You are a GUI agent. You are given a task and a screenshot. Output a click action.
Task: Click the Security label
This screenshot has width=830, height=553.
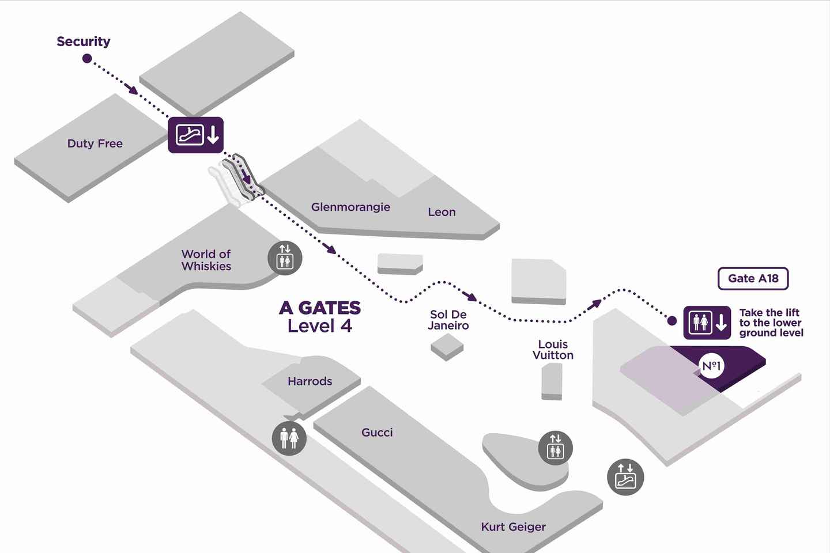[84, 41]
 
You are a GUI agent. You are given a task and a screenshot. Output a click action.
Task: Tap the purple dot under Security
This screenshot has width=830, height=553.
[87, 58]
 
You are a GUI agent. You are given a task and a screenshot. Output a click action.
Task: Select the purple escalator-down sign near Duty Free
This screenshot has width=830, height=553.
[195, 135]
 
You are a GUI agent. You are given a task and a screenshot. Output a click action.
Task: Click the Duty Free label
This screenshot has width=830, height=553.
[95, 143]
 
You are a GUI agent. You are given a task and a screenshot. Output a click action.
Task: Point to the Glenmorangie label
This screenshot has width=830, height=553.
[350, 207]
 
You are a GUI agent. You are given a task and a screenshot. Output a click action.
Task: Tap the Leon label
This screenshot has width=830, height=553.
[442, 212]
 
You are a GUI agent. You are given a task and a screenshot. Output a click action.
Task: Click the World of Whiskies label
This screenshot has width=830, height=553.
[206, 260]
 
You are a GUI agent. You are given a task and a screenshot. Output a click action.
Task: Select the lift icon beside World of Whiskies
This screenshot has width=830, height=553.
[285, 257]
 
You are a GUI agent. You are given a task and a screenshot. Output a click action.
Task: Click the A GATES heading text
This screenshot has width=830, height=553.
[320, 308]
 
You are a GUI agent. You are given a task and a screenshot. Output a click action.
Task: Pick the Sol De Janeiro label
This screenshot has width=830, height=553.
[448, 320]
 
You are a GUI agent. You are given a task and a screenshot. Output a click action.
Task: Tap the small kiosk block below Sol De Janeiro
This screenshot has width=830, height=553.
[447, 346]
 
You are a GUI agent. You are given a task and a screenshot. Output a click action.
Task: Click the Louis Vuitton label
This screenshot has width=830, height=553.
[553, 350]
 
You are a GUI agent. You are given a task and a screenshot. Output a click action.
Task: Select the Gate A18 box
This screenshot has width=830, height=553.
[753, 279]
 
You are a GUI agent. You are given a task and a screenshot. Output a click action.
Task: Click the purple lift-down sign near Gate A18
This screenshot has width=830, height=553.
[707, 323]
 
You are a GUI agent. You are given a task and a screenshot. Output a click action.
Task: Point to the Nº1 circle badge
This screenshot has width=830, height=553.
[711, 366]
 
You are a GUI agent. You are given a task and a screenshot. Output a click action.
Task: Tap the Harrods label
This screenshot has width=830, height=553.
[310, 381]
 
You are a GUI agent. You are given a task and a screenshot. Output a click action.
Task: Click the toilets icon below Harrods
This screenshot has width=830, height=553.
[289, 438]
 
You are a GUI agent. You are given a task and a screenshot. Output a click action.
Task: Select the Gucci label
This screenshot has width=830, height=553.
[377, 433]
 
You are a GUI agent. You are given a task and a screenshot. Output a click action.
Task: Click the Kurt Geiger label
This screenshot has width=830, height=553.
[513, 527]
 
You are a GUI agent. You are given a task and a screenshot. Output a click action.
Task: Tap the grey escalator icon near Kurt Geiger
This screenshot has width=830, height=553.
[625, 477]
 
